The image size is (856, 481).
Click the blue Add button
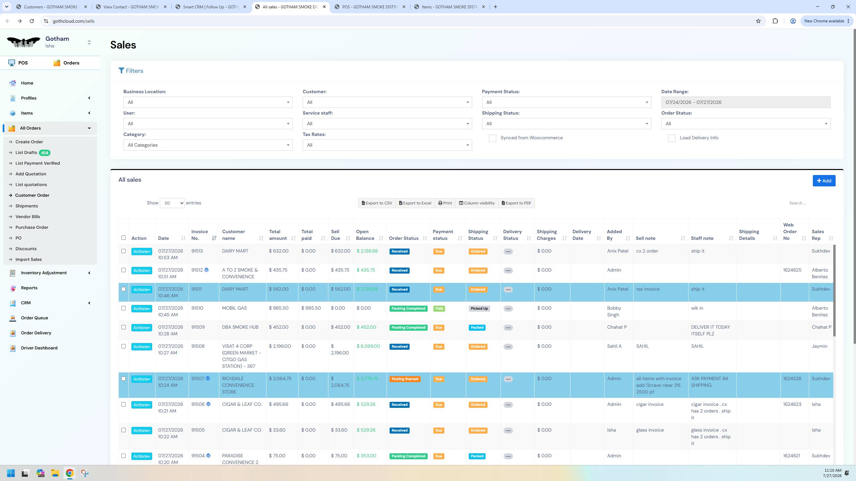[x=824, y=181]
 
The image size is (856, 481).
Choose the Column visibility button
[x=476, y=203]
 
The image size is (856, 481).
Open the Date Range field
[x=746, y=102]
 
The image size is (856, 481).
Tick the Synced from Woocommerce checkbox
[x=492, y=138]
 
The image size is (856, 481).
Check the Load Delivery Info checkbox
[x=671, y=138]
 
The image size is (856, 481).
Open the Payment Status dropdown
[x=566, y=102]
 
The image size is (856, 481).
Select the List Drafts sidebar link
[x=26, y=153]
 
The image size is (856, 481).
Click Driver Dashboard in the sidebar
[x=39, y=348]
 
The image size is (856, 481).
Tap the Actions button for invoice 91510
[x=142, y=309]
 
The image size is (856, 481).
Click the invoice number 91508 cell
[x=198, y=346]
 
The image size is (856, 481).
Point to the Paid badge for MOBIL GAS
[x=439, y=309]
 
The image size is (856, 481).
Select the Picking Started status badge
[x=405, y=379]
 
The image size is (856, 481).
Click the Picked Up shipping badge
[x=479, y=309]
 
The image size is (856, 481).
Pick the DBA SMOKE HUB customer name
[x=240, y=327]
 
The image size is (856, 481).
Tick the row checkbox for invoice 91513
[x=123, y=251]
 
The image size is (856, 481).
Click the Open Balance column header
[x=365, y=235]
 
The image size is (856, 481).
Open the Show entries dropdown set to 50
[x=172, y=203]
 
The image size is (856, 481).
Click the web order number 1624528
[x=792, y=378]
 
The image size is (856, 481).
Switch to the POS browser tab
[x=370, y=7]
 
